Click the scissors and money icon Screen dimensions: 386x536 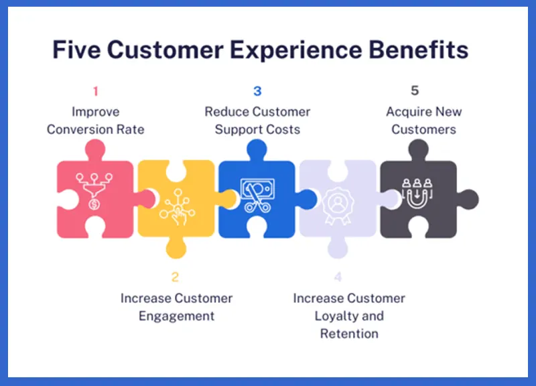point(257,194)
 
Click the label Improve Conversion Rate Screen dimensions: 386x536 point(95,121)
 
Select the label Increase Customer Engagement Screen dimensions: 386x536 point(176,307)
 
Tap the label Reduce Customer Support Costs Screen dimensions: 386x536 point(257,121)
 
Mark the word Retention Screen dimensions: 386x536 point(349,333)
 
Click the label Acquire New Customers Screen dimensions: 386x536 point(423,121)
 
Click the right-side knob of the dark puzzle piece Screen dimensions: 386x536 point(468,199)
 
